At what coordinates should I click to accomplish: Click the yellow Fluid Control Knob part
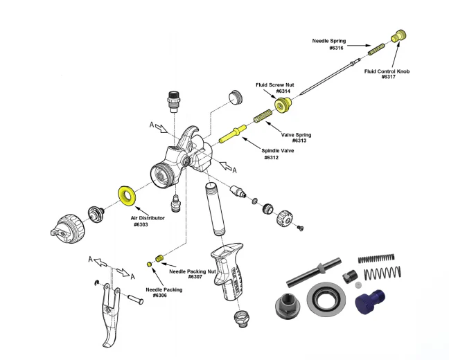tap(399, 35)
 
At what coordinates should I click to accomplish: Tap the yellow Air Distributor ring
tap(127, 195)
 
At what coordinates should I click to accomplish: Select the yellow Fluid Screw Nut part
tap(282, 105)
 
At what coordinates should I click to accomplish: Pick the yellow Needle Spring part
tap(376, 50)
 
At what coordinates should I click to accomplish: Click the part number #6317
tap(388, 76)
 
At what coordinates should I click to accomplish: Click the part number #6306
tap(160, 296)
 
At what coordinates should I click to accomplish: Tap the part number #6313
tap(289, 141)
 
